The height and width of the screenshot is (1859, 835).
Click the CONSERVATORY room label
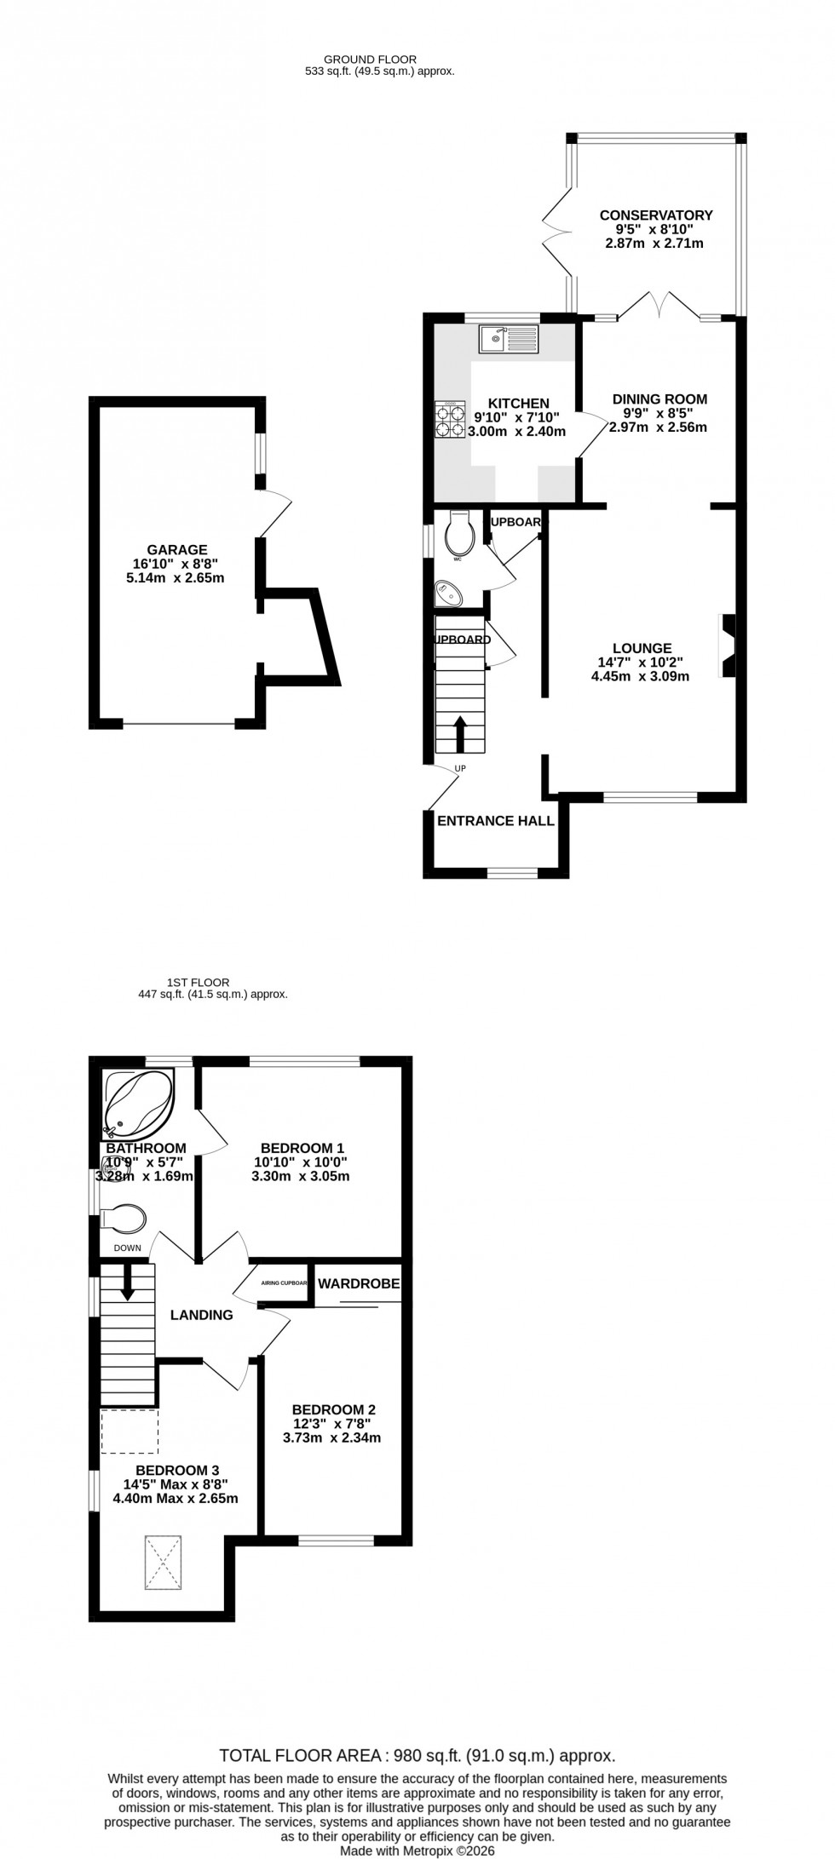pos(655,215)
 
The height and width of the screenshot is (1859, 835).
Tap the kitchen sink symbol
pos(509,339)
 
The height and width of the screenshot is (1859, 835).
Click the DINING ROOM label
pos(659,399)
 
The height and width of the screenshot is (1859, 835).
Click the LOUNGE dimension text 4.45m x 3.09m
pos(640,676)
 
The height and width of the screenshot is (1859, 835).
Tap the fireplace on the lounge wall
pos(728,646)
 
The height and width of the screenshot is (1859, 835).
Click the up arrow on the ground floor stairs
pos(460,733)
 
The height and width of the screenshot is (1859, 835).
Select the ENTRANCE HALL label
pos(496,821)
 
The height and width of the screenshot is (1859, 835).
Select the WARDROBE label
pos(359,1282)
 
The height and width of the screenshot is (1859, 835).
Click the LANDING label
pos(202,1315)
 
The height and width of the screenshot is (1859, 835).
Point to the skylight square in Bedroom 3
pos(164,1562)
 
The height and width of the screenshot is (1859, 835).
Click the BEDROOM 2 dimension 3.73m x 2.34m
pos(331,1437)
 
